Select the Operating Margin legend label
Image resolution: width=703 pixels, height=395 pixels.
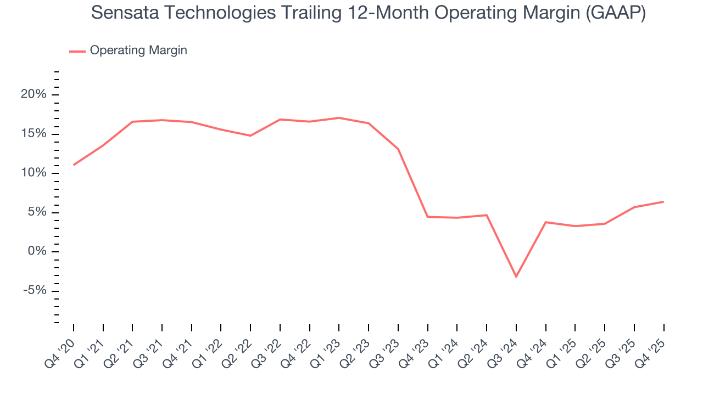[x=138, y=50]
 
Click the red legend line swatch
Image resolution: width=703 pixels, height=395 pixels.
[x=77, y=51]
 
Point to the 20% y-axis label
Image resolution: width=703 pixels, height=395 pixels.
[x=34, y=95]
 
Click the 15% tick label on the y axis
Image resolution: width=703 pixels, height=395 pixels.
[x=34, y=134]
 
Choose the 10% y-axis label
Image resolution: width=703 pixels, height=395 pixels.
[x=34, y=173]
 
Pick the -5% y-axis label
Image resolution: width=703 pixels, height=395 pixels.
[x=35, y=291]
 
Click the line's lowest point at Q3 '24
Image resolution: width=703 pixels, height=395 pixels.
[x=516, y=276]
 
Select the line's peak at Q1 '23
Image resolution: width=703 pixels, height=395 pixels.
[x=339, y=118]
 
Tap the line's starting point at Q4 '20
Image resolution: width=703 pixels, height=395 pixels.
[x=74, y=165]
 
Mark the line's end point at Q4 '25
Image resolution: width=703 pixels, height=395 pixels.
[x=663, y=201]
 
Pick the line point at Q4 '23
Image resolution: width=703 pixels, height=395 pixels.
[x=427, y=217]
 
